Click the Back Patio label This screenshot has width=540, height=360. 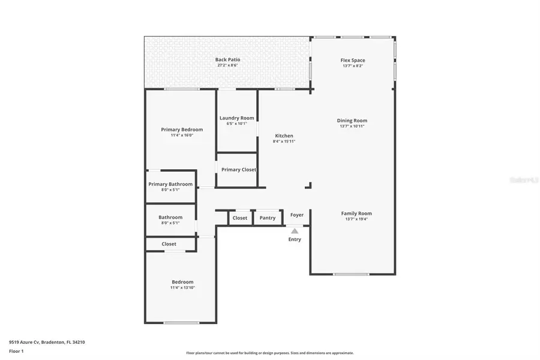227,59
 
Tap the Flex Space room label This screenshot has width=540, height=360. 353,60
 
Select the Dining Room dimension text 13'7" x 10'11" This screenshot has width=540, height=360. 352,126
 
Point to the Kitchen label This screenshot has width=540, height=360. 284,136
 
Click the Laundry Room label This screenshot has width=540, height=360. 236,118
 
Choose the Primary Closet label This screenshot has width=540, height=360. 238,170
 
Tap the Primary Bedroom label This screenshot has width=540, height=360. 182,130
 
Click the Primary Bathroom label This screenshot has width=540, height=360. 170,184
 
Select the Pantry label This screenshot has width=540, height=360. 268,218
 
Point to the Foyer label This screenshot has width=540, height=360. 297,215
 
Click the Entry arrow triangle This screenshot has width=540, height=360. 294,230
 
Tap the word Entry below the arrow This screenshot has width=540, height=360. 294,239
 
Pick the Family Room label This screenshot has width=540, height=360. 356,214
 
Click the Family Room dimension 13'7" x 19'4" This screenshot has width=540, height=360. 356,220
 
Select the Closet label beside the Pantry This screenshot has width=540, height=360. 240,218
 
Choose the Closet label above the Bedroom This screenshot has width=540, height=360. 169,244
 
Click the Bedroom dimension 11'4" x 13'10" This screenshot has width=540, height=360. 182,288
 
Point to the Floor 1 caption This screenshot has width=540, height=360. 17,352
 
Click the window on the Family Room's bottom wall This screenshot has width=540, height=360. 352,274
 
